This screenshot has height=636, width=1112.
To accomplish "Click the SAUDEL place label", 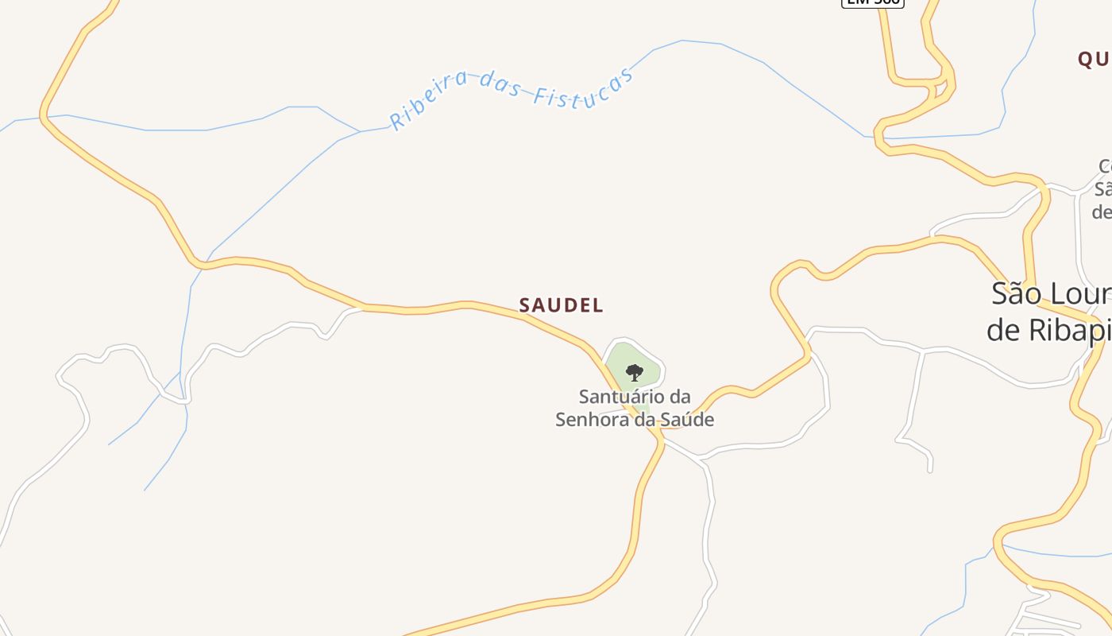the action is click(561, 305).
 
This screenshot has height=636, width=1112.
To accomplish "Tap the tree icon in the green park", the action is click(634, 372).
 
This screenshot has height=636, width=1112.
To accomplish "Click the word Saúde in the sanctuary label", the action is click(690, 420).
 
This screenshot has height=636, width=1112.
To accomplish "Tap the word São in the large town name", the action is click(1016, 293).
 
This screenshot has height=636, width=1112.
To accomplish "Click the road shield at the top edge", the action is click(872, 2).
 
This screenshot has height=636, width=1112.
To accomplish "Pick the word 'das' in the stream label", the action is click(500, 83).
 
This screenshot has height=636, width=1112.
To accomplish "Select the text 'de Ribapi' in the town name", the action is click(1048, 329).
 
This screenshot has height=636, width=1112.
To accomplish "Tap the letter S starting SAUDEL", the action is click(524, 305).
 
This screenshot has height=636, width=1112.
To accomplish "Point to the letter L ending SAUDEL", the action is click(598, 305).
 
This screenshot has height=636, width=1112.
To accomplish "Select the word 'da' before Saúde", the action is click(645, 420).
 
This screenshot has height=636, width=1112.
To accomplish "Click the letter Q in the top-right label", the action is click(1086, 59).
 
